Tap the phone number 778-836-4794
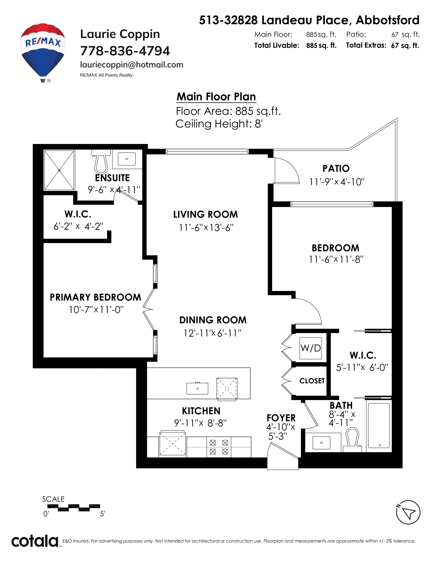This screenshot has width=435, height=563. (125, 51)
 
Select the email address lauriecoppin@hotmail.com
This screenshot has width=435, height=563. (132, 65)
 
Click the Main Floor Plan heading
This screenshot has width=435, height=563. (216, 97)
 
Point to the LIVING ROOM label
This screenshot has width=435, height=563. (205, 214)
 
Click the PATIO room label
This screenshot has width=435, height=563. (336, 169)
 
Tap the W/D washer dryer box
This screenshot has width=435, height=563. (310, 348)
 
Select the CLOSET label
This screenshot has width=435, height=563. (312, 381)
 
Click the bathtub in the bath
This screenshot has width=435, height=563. (379, 425)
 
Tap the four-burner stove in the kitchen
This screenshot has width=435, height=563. (219, 447)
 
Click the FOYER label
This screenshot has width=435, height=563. (281, 418)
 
